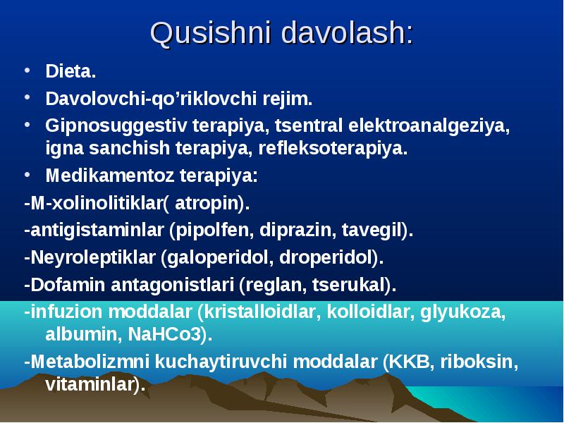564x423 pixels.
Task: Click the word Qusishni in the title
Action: (x=210, y=33)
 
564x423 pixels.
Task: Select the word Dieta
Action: (x=70, y=71)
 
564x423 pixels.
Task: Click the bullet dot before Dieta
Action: (x=27, y=70)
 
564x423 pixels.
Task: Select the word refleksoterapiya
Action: (x=333, y=148)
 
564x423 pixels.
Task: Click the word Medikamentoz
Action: (x=110, y=176)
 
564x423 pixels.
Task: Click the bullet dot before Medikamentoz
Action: (x=27, y=174)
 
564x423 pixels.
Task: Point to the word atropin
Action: (x=207, y=204)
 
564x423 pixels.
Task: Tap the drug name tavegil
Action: (x=372, y=231)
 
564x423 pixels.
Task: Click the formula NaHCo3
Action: (x=164, y=334)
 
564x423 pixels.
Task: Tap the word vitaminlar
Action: (x=90, y=384)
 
